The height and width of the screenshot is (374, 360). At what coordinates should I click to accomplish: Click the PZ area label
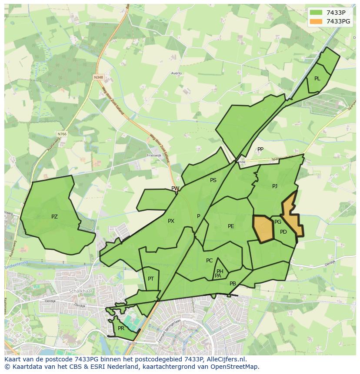[54, 217]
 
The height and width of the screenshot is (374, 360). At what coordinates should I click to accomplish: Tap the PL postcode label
[317, 79]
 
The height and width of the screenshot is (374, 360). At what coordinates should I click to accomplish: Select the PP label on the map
[260, 149]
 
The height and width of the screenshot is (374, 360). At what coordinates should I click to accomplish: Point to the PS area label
[213, 180]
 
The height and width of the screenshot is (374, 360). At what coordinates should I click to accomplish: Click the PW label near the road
[175, 189]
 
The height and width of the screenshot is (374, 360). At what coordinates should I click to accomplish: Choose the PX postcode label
[171, 221]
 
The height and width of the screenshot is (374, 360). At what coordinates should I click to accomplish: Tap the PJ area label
[274, 186]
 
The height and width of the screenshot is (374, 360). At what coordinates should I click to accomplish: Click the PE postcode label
[231, 226]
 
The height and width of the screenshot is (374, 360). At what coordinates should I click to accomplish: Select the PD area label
[283, 232]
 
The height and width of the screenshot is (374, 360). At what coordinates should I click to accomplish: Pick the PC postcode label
[209, 261]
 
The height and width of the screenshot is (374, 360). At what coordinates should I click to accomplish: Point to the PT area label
[150, 279]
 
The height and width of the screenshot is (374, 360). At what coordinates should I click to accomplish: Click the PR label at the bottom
[121, 328]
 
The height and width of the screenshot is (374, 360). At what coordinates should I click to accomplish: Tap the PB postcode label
[233, 284]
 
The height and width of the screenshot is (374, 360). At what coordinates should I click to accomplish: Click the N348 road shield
[98, 77]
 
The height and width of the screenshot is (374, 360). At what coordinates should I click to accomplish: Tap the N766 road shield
[62, 134]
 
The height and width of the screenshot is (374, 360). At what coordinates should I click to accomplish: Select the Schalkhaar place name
[78, 291]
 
